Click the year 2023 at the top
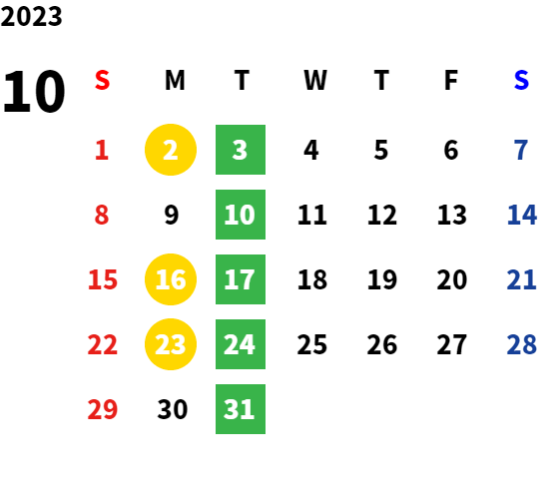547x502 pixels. tap(31, 16)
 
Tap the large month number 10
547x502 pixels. tap(34, 91)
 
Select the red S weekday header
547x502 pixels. tap(102, 81)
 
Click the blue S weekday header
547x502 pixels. tap(521, 81)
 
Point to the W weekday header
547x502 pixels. tap(315, 81)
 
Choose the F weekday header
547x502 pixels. tap(451, 81)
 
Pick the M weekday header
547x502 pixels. tap(175, 81)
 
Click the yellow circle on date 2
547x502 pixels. tap(171, 150)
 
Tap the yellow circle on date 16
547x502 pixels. tap(171, 279)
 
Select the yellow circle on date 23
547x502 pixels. tap(171, 344)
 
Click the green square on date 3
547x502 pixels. tap(241, 150)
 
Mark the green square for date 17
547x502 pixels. tap(241, 279)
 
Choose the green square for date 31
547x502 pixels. tap(241, 409)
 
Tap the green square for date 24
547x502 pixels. tap(241, 344)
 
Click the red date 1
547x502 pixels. tap(102, 150)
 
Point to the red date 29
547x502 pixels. tap(102, 409)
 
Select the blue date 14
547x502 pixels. tap(521, 215)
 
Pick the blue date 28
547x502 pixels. tap(521, 344)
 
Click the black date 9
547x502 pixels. tap(172, 215)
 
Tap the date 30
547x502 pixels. tap(173, 409)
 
